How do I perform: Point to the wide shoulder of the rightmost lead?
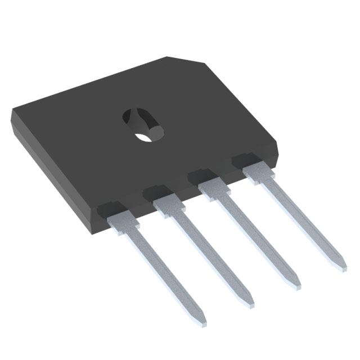[258, 170]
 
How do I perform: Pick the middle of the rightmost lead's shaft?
[300, 217]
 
